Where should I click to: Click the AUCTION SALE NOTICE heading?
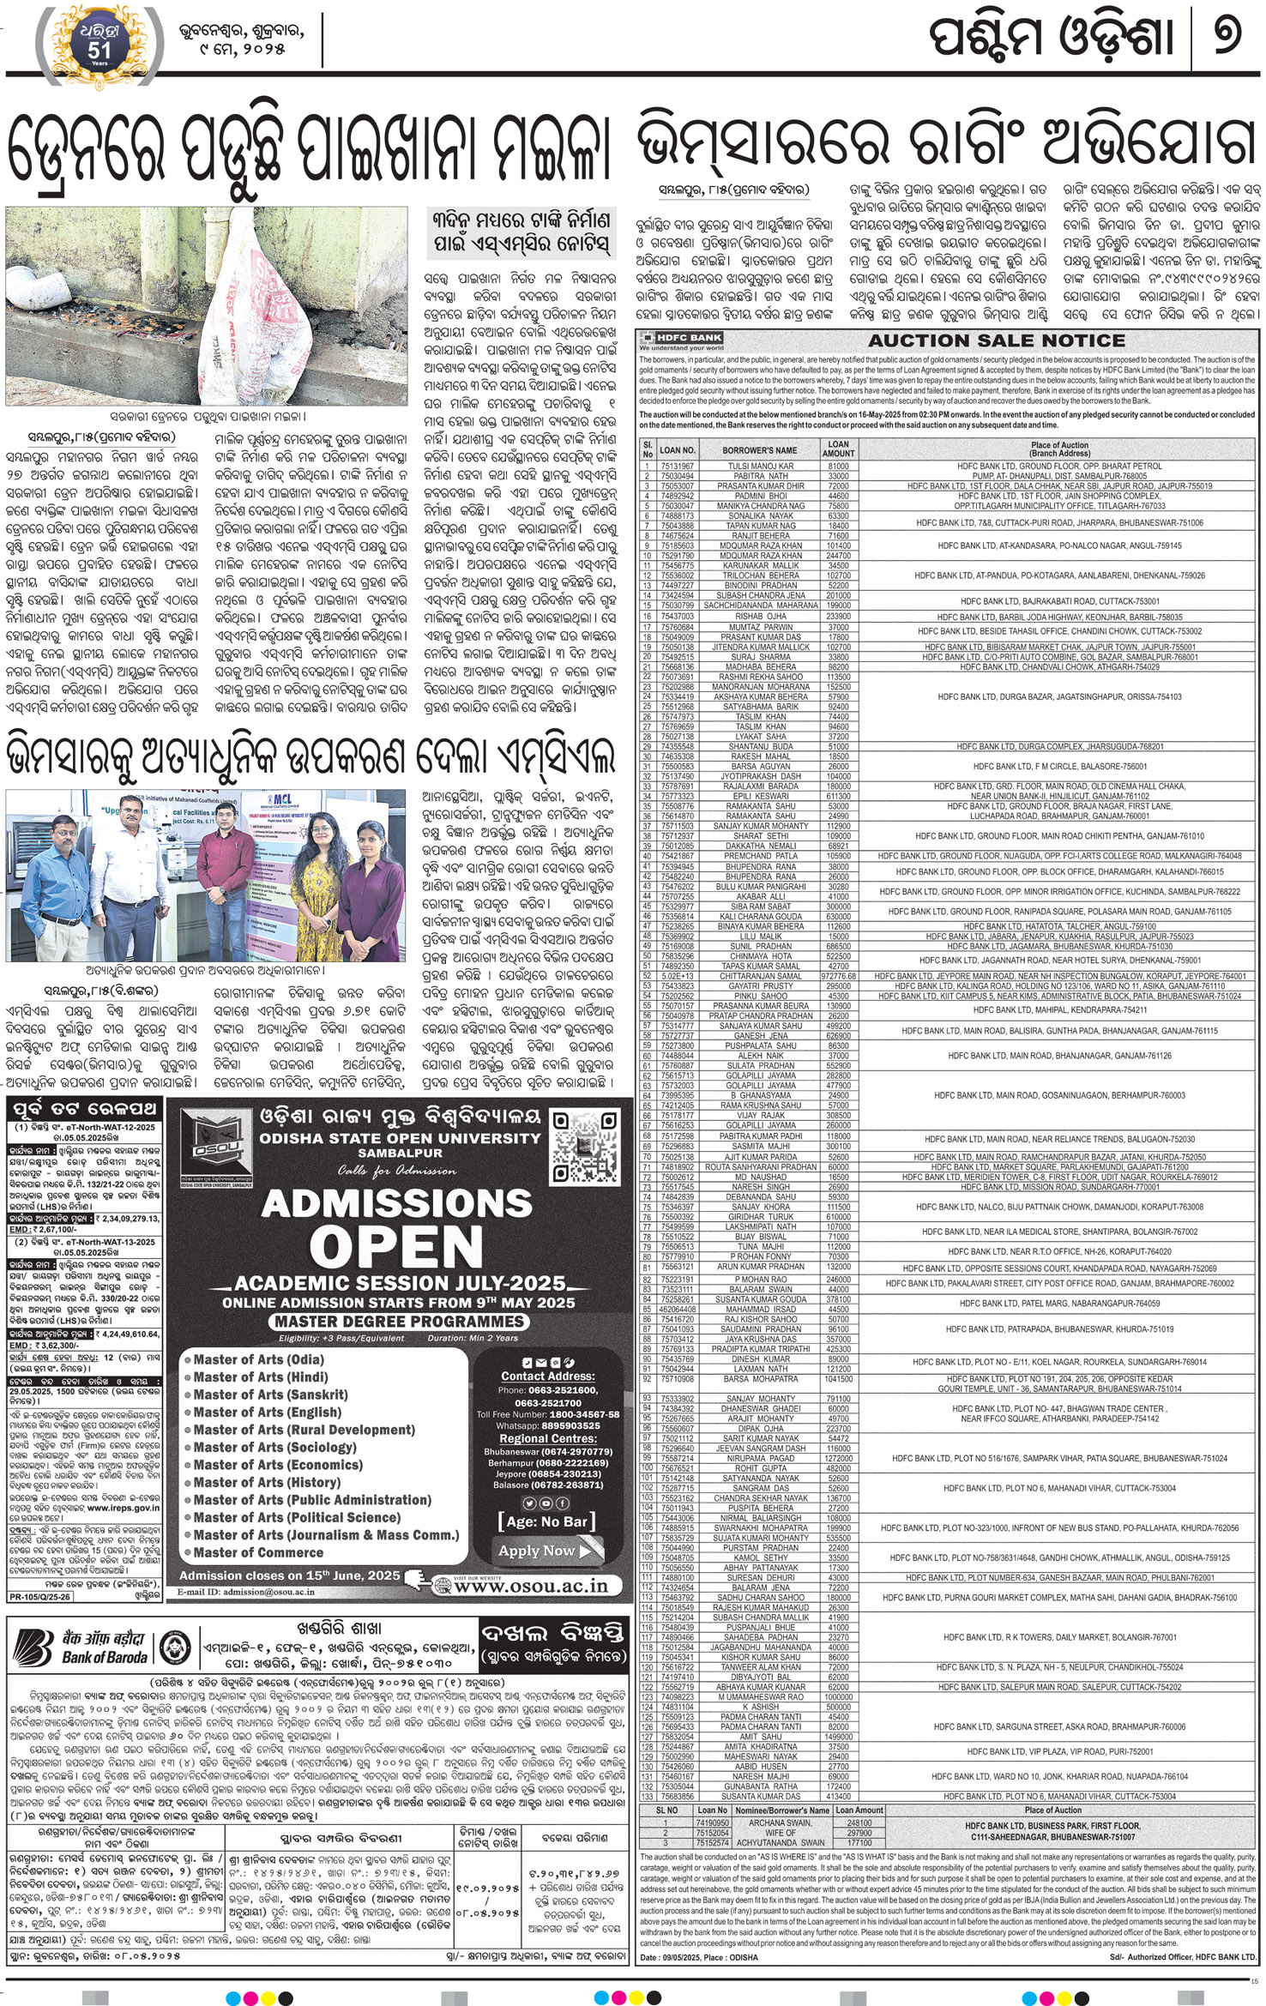tap(996, 340)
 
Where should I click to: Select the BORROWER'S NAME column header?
tap(759, 449)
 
